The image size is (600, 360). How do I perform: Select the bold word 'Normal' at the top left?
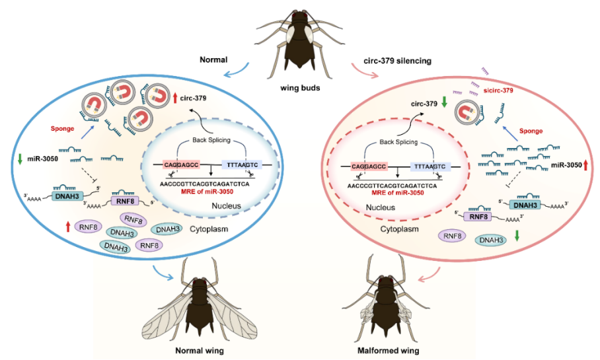point(213,60)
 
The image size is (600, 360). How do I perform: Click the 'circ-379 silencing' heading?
point(398,60)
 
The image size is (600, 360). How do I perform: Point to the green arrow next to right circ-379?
point(444,103)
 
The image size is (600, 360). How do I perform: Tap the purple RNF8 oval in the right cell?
point(453,235)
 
